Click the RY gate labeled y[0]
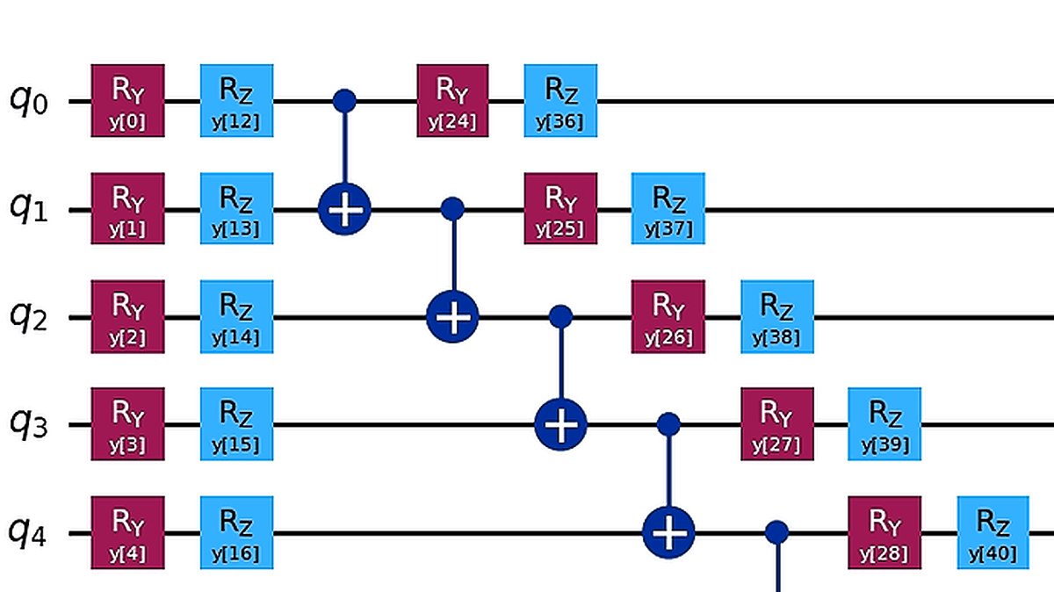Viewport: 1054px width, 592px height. coord(128,100)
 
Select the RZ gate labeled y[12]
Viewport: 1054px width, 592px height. coord(237,100)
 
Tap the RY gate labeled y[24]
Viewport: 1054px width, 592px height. coord(452,100)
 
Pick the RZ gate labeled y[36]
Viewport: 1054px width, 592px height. coord(560,100)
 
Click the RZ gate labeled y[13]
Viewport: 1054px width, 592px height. coord(237,208)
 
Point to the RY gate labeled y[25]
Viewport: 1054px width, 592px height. coord(560,208)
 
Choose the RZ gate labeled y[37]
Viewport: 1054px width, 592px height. coord(668,208)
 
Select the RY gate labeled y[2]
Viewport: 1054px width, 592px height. coord(128,316)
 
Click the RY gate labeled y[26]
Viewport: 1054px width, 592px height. coord(668,316)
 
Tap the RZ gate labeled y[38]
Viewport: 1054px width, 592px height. coord(776,316)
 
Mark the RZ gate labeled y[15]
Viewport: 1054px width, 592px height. coord(237,424)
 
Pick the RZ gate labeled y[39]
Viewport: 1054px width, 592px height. coord(884,424)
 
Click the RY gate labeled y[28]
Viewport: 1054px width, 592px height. coord(884,532)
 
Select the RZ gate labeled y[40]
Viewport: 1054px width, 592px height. coord(993,532)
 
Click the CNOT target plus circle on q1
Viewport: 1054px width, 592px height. coord(344,210)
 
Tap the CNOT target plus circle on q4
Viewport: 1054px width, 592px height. coord(669,532)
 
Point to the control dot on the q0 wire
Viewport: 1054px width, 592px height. coord(344,101)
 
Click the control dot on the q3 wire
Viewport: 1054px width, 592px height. coord(669,425)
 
